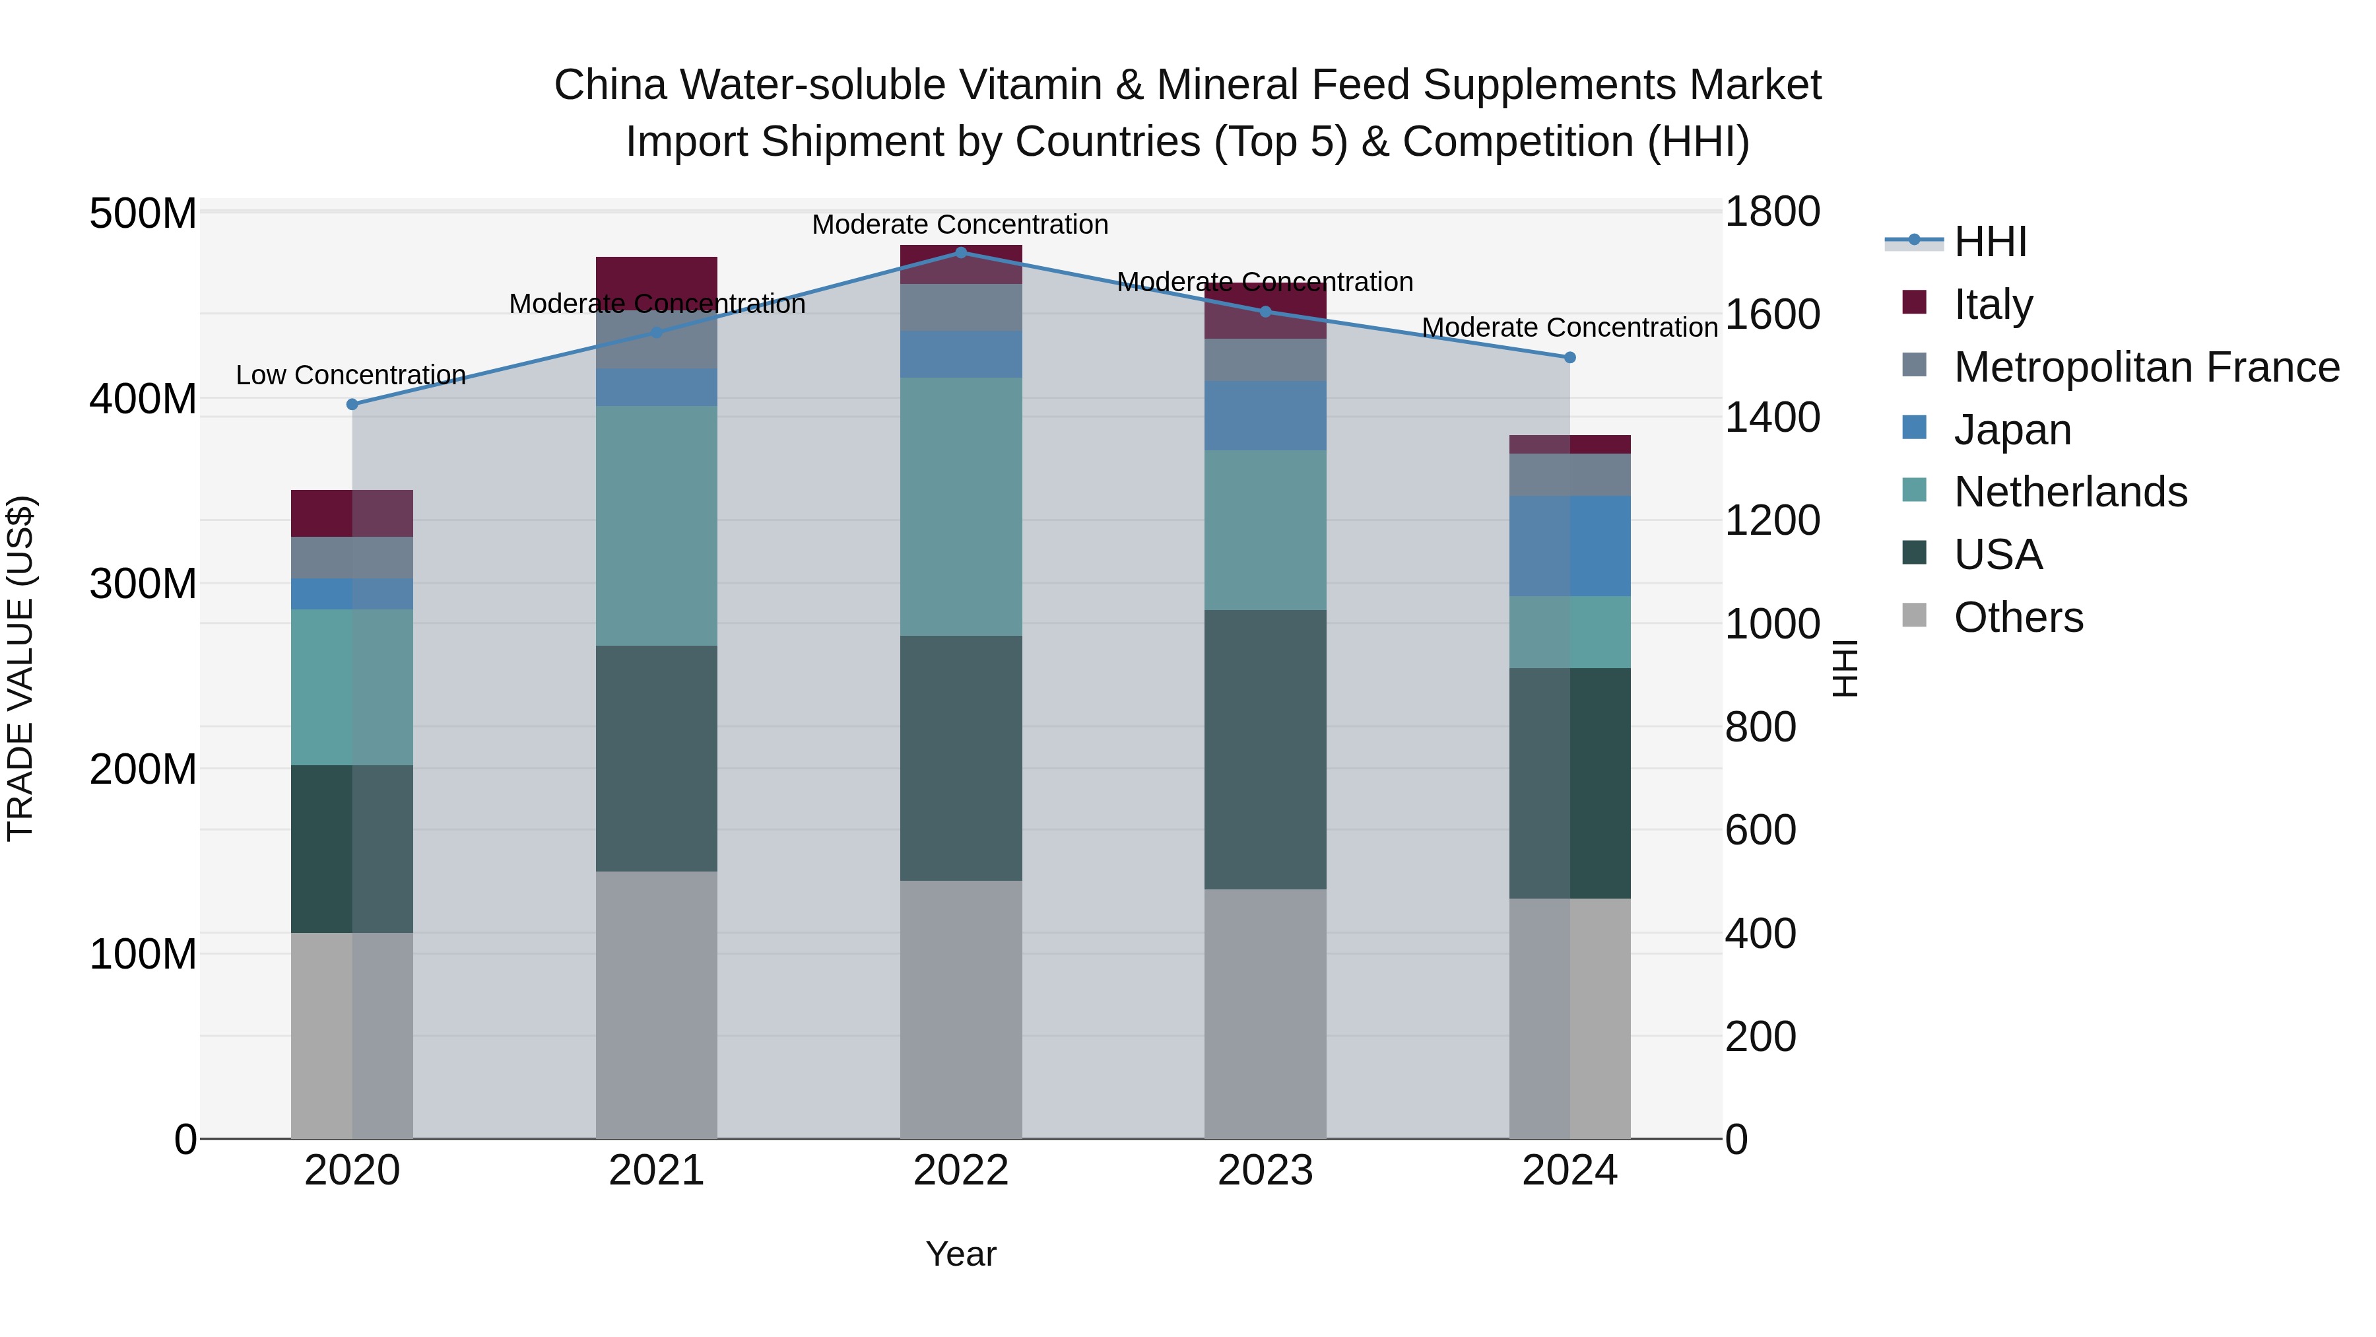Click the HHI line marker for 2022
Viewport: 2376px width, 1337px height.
pyautogui.click(x=960, y=253)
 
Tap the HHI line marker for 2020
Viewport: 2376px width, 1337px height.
pyautogui.click(x=351, y=404)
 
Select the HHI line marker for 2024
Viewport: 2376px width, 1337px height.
pyautogui.click(x=1570, y=357)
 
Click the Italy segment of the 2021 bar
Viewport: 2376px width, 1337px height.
pyautogui.click(x=656, y=277)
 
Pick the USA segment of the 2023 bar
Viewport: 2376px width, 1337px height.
pyautogui.click(x=1265, y=749)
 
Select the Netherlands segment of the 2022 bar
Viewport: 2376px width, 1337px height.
pyautogui.click(x=960, y=506)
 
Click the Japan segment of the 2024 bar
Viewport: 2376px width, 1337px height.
pyautogui.click(x=1570, y=545)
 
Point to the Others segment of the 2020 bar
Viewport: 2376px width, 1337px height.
pyautogui.click(x=351, y=1035)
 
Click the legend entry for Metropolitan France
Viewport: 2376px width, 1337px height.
pyautogui.click(x=2146, y=367)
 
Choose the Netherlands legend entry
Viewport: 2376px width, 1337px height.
pyautogui.click(x=2070, y=492)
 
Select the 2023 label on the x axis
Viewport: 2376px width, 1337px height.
pyautogui.click(x=1265, y=1171)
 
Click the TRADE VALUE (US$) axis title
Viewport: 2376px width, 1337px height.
pyautogui.click(x=20, y=668)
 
